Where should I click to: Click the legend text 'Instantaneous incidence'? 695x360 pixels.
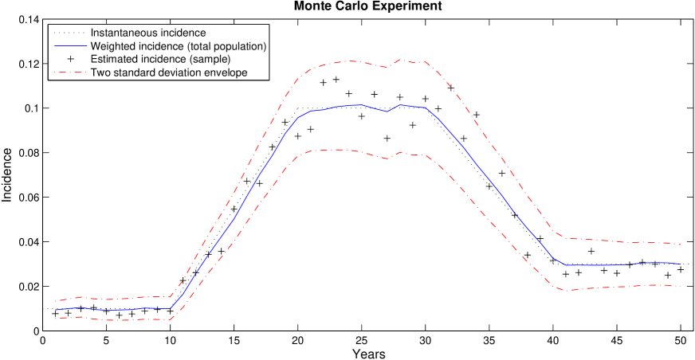(148, 33)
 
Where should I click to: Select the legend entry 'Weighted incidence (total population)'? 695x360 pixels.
(178, 46)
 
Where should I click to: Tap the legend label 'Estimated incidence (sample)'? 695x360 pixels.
(160, 60)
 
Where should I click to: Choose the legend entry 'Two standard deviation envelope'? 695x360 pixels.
(169, 72)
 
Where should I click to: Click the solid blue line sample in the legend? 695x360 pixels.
(70, 46)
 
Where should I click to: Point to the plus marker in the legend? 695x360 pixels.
(70, 60)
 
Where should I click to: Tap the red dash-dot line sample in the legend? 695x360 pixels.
(70, 72)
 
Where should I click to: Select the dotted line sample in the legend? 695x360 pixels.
(70, 33)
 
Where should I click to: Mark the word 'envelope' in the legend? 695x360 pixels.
(226, 72)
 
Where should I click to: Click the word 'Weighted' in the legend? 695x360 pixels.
(113, 46)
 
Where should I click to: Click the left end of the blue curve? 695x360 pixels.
(55, 309)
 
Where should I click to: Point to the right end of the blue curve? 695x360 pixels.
(681, 264)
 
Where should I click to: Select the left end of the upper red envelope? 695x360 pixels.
(55, 301)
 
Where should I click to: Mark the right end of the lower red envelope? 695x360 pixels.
(681, 287)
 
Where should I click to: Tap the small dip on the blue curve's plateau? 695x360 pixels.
(387, 112)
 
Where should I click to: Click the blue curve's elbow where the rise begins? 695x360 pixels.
(171, 308)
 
